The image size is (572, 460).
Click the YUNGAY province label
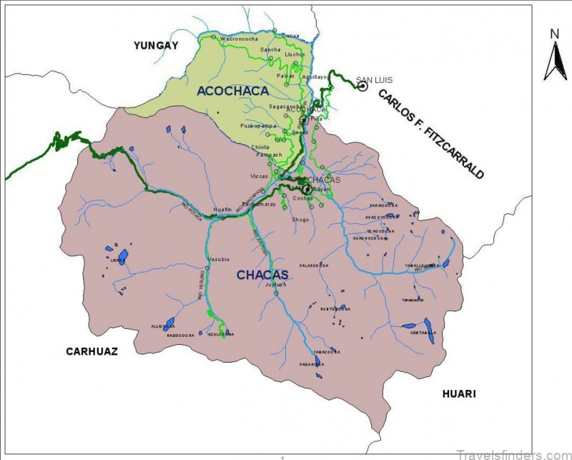point(155,46)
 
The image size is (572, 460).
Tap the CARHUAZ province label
point(92,351)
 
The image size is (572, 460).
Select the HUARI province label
point(458,394)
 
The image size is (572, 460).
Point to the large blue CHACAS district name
point(262,275)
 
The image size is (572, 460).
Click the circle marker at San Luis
point(363,86)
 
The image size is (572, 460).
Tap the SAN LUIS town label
point(370,79)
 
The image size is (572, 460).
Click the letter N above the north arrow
point(554,34)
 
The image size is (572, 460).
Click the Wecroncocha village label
point(237,38)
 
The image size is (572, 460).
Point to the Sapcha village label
point(270,49)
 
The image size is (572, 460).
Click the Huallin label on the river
point(222,209)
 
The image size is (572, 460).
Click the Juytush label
point(275,285)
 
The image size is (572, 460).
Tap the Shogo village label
point(300,220)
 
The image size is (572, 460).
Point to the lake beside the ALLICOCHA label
point(169,323)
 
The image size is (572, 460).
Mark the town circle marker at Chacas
point(307,189)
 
